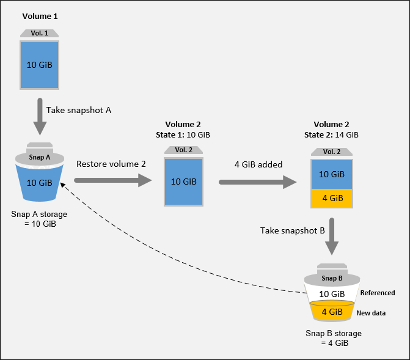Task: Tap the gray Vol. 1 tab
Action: [x=39, y=34]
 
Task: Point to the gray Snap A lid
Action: [x=39, y=156]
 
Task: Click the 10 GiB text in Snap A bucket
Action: [x=39, y=182]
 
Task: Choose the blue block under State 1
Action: [x=183, y=182]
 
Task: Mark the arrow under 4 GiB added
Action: [x=257, y=182]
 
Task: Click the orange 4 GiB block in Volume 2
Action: [x=332, y=198]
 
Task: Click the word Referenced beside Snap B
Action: [x=378, y=293]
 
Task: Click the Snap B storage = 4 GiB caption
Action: [x=333, y=339]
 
